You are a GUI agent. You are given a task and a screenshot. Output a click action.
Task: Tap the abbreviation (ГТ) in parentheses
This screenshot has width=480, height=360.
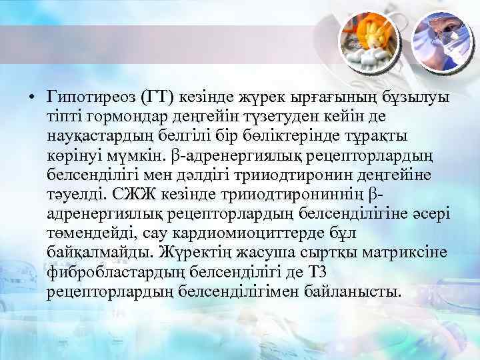(x=156, y=97)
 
